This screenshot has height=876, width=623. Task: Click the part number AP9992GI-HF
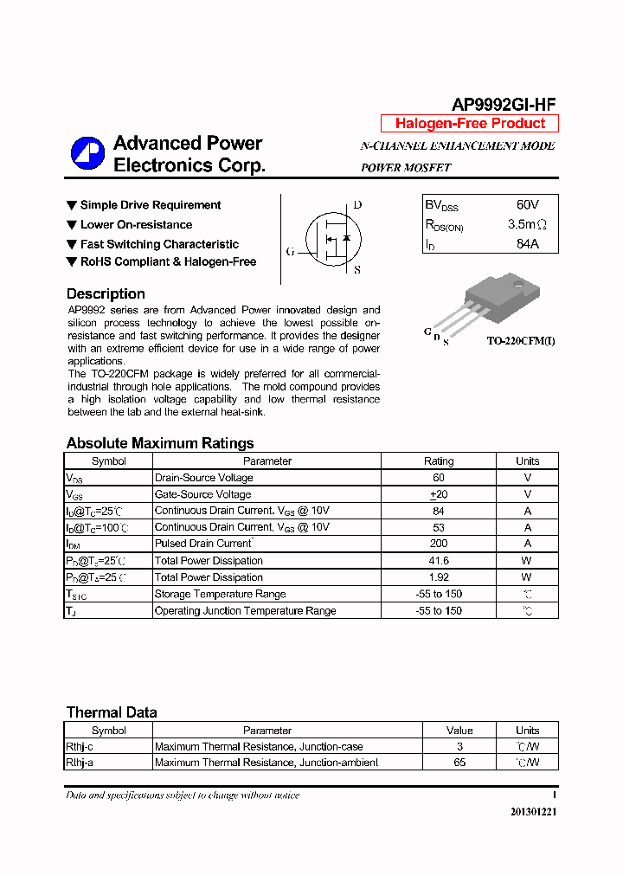pyautogui.click(x=504, y=104)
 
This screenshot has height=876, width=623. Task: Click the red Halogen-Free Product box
pyautogui.click(x=470, y=124)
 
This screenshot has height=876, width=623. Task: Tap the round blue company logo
pyautogui.click(x=87, y=154)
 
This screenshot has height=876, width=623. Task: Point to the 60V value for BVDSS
pyautogui.click(x=527, y=205)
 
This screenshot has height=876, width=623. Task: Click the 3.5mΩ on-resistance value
pyautogui.click(x=527, y=225)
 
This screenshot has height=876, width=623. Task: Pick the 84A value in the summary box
pyautogui.click(x=527, y=244)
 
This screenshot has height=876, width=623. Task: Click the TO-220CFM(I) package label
pyautogui.click(x=520, y=341)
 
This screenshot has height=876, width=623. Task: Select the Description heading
pyautogui.click(x=106, y=293)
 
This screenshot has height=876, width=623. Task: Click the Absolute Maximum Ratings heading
pyautogui.click(x=160, y=443)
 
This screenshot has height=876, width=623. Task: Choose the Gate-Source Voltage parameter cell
pyautogui.click(x=202, y=494)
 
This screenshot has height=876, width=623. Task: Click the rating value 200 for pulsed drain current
pyautogui.click(x=439, y=544)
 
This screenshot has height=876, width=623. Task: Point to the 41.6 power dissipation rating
pyautogui.click(x=439, y=561)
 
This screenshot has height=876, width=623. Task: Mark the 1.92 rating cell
pyautogui.click(x=439, y=577)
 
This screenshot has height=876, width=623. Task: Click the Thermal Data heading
pyautogui.click(x=112, y=712)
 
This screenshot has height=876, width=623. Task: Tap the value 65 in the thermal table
pyautogui.click(x=459, y=763)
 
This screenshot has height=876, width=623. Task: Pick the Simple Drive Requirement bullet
pyautogui.click(x=150, y=205)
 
